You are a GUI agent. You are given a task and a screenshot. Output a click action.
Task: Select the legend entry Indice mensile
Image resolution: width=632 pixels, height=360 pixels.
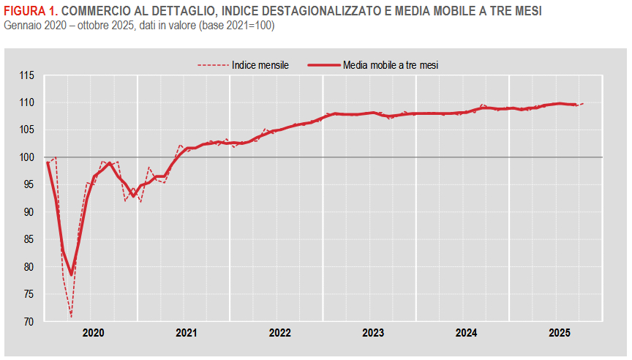(x=260, y=64)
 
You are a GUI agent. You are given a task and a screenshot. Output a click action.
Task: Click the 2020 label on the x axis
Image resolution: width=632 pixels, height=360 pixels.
(x=93, y=333)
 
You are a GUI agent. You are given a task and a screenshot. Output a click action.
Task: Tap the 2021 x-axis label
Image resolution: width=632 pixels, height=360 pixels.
(x=187, y=333)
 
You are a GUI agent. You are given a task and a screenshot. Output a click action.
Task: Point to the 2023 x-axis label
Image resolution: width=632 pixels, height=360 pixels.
(x=373, y=333)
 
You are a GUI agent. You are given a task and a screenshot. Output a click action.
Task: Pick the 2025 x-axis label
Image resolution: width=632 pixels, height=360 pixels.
(x=560, y=333)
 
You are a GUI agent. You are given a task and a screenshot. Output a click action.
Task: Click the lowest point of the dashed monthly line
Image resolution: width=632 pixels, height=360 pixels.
(x=71, y=317)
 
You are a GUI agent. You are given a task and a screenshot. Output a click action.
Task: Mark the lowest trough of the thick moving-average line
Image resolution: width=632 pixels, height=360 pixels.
(x=71, y=275)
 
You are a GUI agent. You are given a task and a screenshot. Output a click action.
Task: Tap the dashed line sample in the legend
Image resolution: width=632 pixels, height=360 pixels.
(x=212, y=65)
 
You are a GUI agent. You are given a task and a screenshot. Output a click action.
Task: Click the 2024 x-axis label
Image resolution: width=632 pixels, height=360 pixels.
(x=467, y=333)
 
